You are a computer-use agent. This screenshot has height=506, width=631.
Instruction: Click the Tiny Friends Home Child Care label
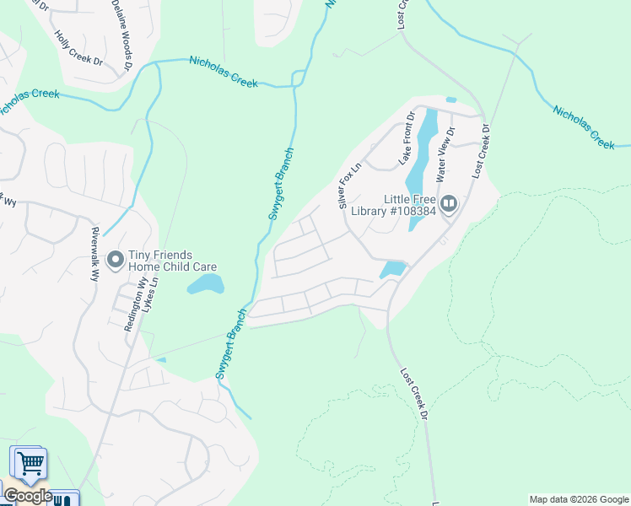(173, 261)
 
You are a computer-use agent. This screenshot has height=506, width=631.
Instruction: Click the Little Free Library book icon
(449, 204)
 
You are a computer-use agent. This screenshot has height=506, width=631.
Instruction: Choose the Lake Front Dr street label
(409, 138)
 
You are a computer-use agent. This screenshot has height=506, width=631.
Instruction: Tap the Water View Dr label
(444, 155)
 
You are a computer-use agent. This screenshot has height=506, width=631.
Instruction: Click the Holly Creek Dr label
(78, 50)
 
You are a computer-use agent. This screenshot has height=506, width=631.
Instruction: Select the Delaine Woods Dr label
(121, 34)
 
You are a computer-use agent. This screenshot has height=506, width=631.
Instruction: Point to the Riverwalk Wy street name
(95, 253)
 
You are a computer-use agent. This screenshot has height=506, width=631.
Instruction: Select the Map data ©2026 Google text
(579, 499)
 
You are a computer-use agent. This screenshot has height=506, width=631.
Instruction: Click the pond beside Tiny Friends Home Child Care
(206, 284)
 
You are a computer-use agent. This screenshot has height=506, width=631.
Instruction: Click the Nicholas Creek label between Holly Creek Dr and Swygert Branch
(223, 72)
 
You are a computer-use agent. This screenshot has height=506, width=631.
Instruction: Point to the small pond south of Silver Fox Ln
(392, 270)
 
